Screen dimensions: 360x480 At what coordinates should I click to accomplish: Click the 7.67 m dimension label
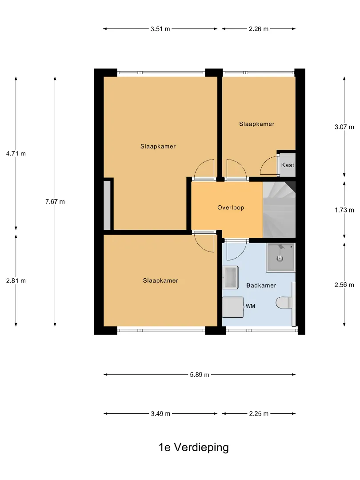point(55,202)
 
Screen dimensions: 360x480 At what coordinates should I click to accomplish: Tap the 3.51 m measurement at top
point(160,29)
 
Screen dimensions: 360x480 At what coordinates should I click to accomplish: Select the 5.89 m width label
point(200,375)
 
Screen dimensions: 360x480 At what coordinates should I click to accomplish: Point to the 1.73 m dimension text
point(344,210)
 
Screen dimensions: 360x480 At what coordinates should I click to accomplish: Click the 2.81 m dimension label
point(16,281)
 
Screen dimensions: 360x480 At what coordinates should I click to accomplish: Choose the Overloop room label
point(231,208)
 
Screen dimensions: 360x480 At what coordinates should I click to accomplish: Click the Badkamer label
point(261,285)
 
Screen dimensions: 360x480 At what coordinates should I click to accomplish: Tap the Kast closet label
point(288,165)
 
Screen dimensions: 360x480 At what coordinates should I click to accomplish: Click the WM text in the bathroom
point(250,306)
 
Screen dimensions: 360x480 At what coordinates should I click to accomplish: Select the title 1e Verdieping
point(193,447)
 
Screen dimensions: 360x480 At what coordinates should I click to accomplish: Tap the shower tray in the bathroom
point(281,257)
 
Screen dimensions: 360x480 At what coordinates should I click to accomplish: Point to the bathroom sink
point(230,278)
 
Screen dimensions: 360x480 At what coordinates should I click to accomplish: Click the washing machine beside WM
point(232,307)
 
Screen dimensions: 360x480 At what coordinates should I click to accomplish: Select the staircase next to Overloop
point(279,210)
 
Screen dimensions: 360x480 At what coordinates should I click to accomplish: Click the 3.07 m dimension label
point(344,127)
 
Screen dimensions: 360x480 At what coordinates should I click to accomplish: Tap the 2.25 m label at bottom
point(259,414)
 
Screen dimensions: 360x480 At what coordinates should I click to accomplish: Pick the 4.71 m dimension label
point(16,154)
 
